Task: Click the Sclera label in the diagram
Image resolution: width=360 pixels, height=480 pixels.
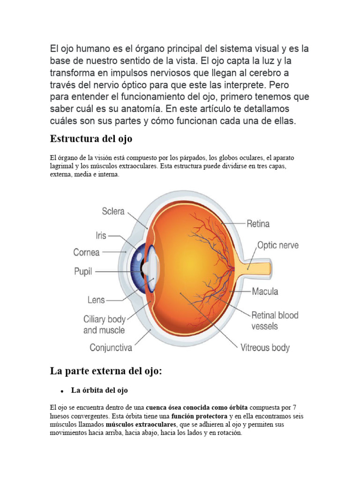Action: coord(113,211)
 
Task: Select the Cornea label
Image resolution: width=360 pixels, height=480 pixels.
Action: coord(86,252)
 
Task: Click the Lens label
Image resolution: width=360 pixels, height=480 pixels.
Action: coord(96,299)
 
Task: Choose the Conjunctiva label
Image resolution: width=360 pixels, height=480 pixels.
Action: coord(111,348)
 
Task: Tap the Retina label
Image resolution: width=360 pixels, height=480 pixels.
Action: coord(258,224)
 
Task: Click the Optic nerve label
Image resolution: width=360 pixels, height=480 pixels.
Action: coord(277,245)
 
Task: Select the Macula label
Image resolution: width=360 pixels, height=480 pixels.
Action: coord(265,291)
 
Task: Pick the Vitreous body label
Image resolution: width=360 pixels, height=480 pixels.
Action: coord(265,348)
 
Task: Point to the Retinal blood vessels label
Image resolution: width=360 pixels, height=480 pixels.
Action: coord(275,320)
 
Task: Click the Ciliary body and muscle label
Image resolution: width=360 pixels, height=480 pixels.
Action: coord(104,324)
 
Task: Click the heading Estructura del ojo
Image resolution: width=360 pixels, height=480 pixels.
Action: coord(91,139)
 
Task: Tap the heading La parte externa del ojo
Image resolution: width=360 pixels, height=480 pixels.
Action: coord(105,371)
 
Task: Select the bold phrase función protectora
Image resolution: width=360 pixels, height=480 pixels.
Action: coord(198,416)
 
